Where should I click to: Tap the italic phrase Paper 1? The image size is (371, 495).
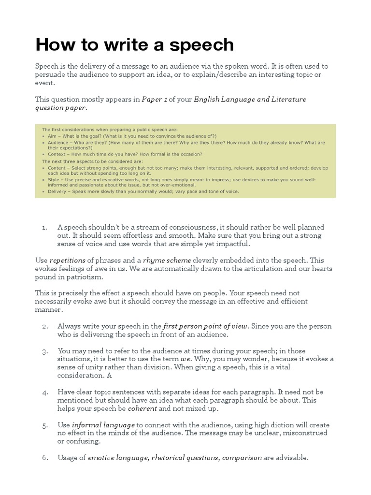coord(154,99)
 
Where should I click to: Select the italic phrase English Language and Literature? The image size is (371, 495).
coord(250,99)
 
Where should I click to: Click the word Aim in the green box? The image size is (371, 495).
coord(52,136)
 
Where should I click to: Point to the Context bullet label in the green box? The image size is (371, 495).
coord(56,154)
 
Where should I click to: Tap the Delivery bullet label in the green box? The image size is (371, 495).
coord(57,191)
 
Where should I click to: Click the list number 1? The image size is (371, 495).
coord(44,227)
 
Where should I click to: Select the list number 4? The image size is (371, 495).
coord(44,392)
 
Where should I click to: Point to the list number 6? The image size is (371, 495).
coord(44,457)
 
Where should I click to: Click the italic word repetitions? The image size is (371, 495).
coord(67,260)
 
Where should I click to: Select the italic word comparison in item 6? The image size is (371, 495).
coord(242,457)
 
